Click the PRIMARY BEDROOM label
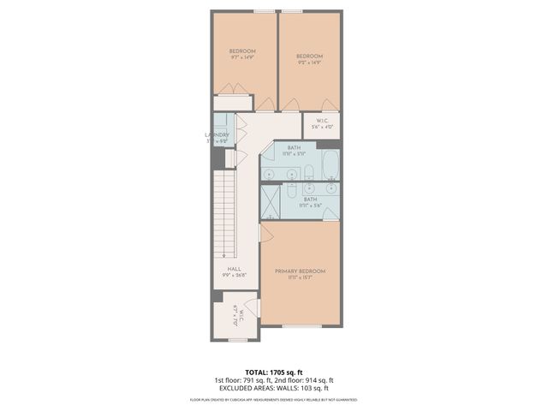pyautogui.click(x=300, y=271)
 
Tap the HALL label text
pyautogui.click(x=234, y=269)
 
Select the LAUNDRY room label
pyautogui.click(x=217, y=135)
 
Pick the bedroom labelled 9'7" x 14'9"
pyautogui.click(x=242, y=51)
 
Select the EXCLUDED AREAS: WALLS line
pyautogui.click(x=273, y=388)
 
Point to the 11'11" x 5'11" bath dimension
pyautogui.click(x=294, y=154)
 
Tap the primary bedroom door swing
pyautogui.click(x=266, y=233)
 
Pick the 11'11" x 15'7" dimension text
pyautogui.click(x=300, y=277)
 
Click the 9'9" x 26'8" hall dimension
pyautogui.click(x=234, y=276)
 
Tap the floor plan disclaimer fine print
pyautogui.click(x=273, y=400)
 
